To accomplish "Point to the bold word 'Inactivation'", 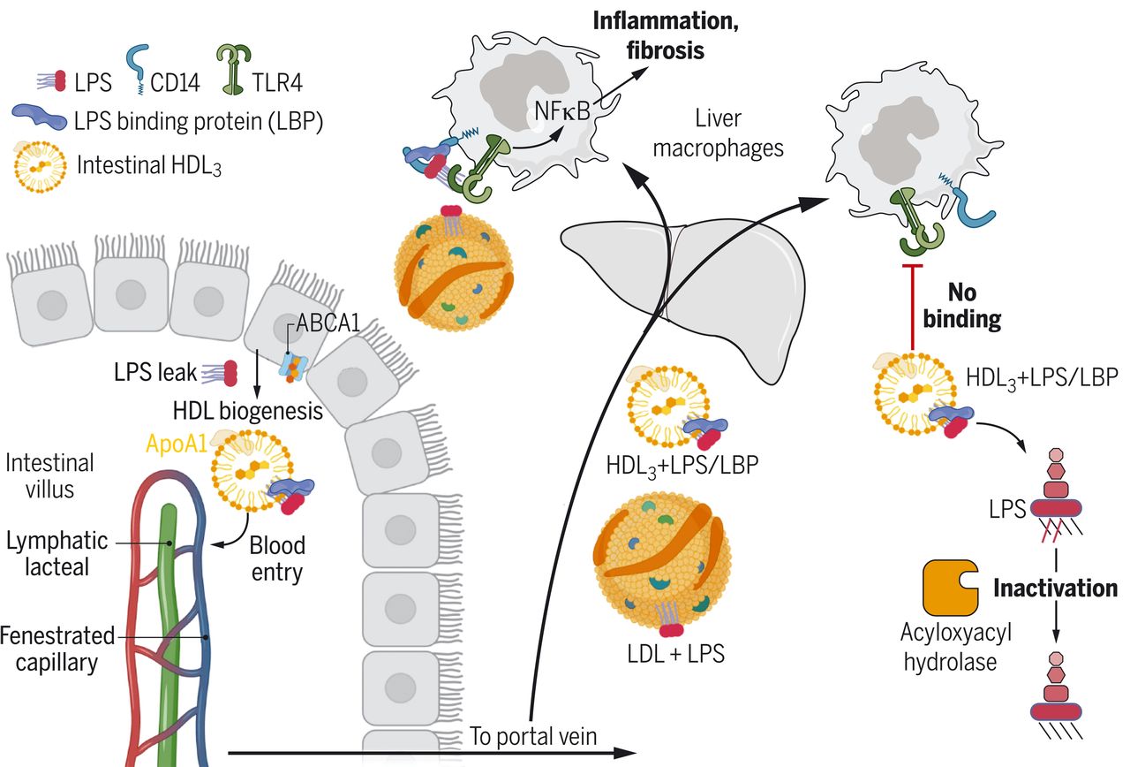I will pyautogui.click(x=1056, y=588).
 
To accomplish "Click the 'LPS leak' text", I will pyautogui.click(x=155, y=373).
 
